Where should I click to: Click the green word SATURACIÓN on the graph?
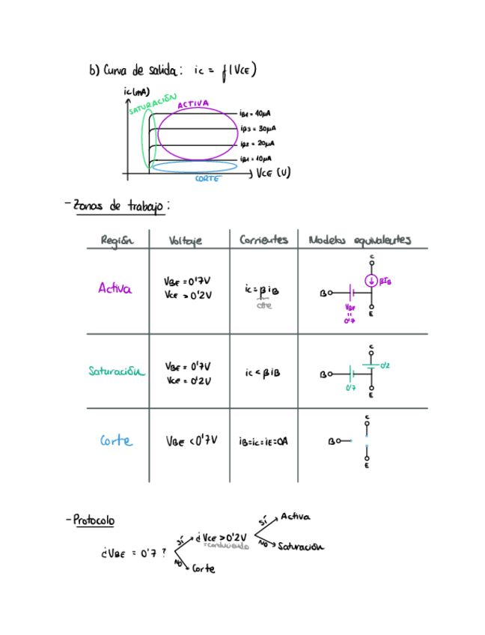click(x=152, y=104)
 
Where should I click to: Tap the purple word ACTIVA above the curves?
click(x=193, y=104)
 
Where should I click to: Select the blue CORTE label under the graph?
click(x=207, y=179)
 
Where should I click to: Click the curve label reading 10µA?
click(x=256, y=159)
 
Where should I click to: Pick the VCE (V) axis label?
click(x=273, y=173)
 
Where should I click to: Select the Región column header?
click(x=117, y=240)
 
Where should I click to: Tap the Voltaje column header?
click(x=186, y=241)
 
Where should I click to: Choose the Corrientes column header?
click(x=263, y=240)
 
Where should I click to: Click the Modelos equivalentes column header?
click(x=359, y=240)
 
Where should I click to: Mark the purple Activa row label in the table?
click(x=115, y=288)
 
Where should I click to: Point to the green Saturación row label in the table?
click(x=117, y=370)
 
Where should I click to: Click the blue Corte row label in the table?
click(x=116, y=441)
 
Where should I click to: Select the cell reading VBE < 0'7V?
click(x=191, y=441)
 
